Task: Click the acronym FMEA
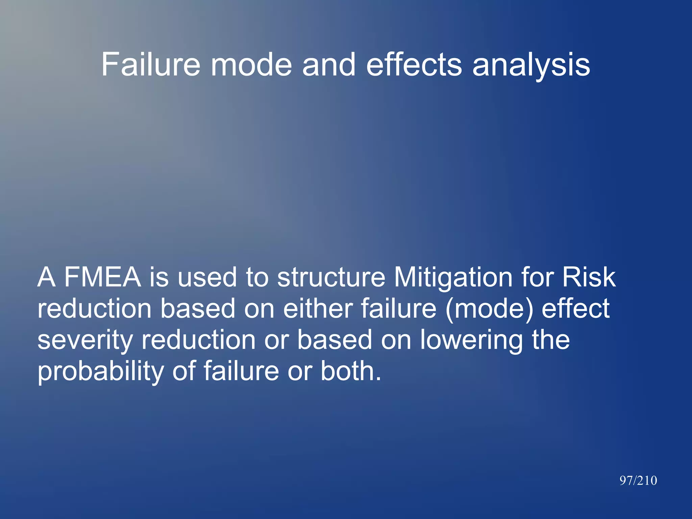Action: click(102, 277)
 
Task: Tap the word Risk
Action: click(589, 277)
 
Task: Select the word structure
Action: click(331, 277)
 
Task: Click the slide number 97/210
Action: click(638, 480)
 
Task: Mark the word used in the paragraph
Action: click(207, 277)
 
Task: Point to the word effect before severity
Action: click(575, 308)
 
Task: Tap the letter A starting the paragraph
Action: click(47, 277)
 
